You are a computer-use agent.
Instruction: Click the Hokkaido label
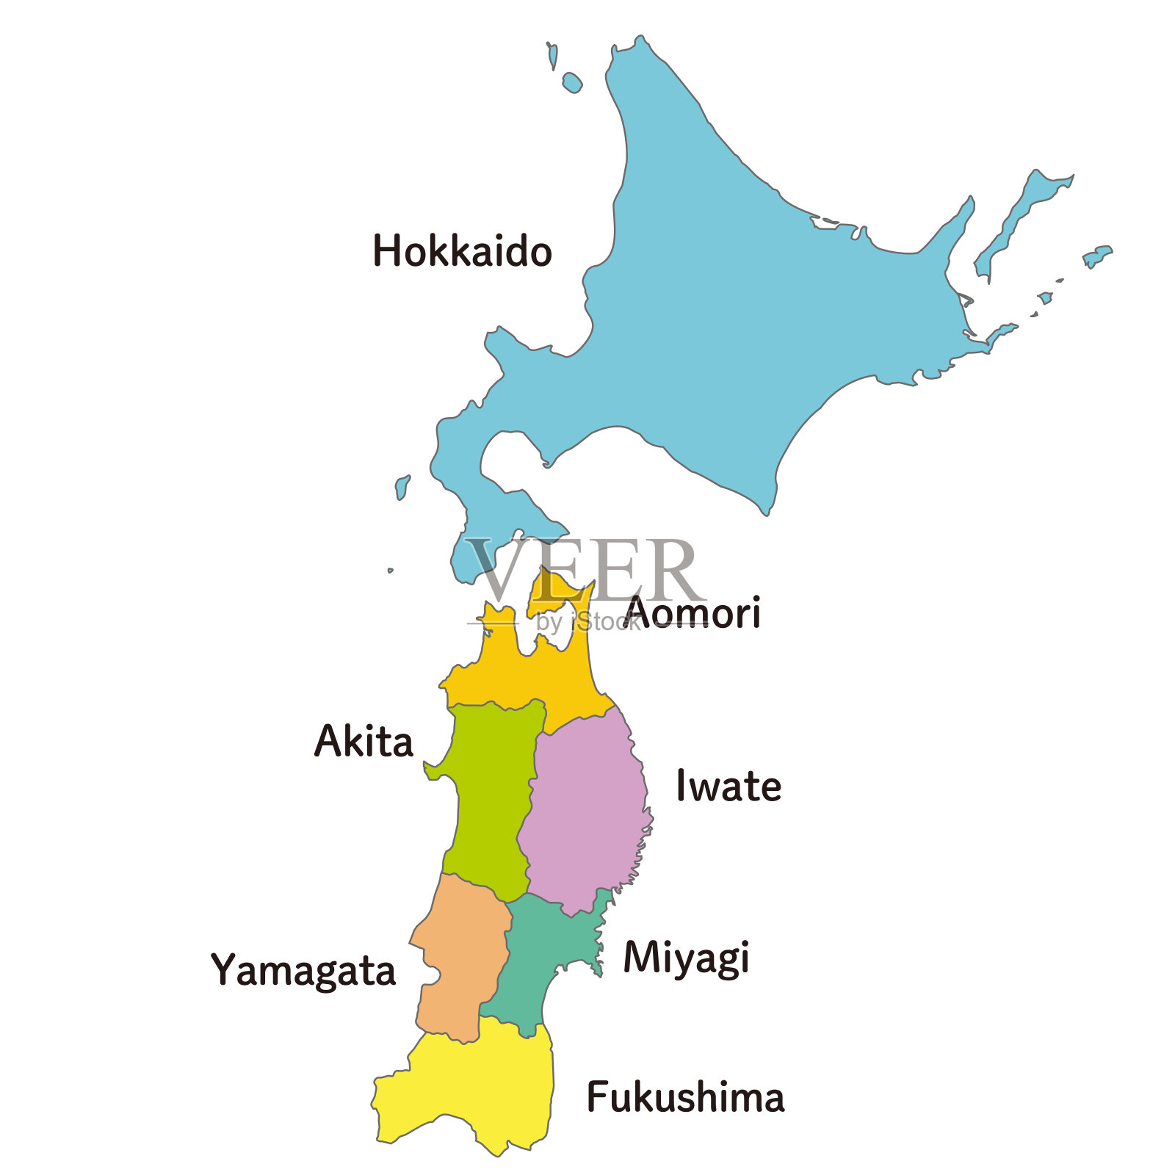(462, 251)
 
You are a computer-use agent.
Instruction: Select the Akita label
(364, 741)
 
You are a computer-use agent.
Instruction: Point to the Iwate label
(728, 786)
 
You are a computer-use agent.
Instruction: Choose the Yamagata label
(303, 971)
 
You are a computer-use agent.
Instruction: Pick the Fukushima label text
(685, 1098)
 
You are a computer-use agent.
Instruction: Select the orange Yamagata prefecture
(459, 955)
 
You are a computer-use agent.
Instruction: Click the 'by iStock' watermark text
(587, 622)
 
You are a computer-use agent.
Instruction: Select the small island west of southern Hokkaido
(402, 487)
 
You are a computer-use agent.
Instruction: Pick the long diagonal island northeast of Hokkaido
(1021, 217)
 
